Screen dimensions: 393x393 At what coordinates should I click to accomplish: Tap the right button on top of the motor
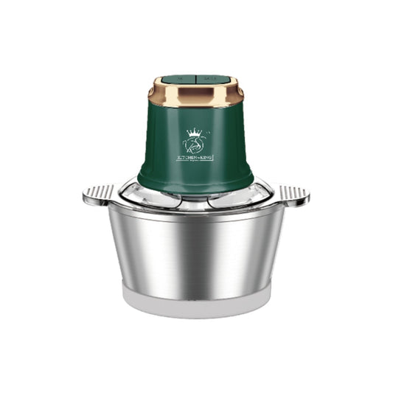(209, 76)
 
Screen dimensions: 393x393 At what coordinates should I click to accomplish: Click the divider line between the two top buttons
(195, 76)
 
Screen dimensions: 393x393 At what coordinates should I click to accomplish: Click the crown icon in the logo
(195, 133)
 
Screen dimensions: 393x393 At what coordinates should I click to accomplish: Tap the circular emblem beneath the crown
(195, 145)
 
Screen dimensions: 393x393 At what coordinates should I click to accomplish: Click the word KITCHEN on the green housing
(187, 158)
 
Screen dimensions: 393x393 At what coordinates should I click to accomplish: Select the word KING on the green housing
(207, 158)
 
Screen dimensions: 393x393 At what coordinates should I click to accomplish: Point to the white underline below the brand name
(195, 162)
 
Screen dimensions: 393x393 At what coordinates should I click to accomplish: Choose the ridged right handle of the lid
(293, 195)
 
